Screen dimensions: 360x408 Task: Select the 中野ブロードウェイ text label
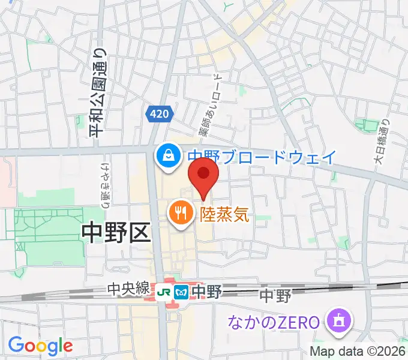pos(262,157)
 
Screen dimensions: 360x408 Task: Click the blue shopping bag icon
pos(166,155)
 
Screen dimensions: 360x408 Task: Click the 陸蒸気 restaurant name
pos(224,212)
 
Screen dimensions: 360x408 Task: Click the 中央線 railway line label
pos(128,289)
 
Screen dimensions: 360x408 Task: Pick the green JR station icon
pos(164,292)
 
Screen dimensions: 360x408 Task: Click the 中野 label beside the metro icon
pos(205,292)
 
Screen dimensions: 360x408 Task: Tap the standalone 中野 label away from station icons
pos(275,296)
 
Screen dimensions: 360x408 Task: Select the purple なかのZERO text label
pos(273,323)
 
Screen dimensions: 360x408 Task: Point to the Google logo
pos(40,346)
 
